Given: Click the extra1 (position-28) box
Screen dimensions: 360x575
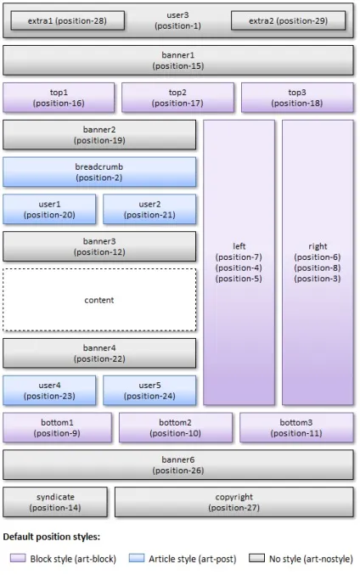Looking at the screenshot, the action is [x=67, y=20].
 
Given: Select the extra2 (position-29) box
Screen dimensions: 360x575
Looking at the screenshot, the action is [x=288, y=20].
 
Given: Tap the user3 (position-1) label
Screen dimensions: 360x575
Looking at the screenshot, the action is [x=177, y=20].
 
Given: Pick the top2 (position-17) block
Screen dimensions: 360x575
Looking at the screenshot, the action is [x=177, y=98].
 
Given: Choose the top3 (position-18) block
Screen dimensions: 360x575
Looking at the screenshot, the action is [x=297, y=98].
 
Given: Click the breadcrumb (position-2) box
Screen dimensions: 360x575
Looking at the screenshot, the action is [x=99, y=172].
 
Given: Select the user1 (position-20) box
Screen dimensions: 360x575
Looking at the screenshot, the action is [x=49, y=209].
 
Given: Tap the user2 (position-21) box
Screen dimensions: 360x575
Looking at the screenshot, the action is [x=149, y=209].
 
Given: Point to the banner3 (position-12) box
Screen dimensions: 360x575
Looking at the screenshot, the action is [x=99, y=246].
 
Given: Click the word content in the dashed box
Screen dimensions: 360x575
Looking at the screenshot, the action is [x=99, y=300].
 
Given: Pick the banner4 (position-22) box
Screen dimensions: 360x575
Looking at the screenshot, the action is [x=99, y=353].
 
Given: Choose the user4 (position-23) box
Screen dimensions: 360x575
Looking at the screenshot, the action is [x=49, y=390].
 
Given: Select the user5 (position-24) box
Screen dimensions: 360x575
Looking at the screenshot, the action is [x=149, y=390].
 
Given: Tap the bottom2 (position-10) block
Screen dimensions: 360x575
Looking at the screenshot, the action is [x=176, y=427].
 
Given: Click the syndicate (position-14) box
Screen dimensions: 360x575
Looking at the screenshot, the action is [x=55, y=502].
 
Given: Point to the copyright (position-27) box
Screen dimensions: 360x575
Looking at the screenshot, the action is [x=234, y=502].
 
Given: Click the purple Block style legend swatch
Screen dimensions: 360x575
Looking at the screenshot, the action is [x=18, y=558].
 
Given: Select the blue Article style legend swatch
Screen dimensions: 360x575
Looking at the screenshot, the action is [x=137, y=558].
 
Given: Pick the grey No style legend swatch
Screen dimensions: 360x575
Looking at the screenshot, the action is [x=256, y=558].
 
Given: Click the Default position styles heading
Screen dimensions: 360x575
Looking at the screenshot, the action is [x=52, y=537].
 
